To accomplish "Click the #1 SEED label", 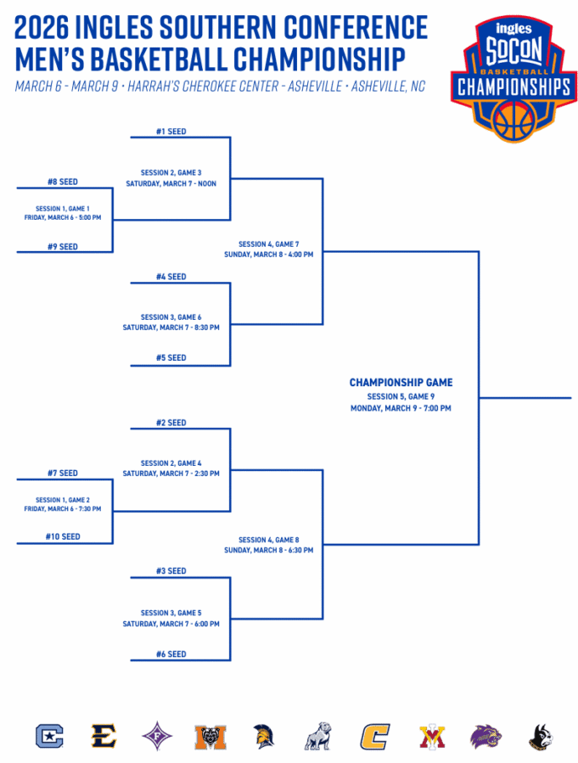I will point(171,132).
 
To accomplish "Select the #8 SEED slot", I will point(62,182).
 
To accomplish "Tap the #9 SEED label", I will point(62,247).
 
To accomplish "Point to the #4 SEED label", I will point(171,277).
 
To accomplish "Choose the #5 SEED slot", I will point(171,358).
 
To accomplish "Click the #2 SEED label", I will point(171,423).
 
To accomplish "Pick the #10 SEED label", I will point(62,537).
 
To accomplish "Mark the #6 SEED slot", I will point(171,654).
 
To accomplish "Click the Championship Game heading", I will point(401,383).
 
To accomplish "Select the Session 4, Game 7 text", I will point(268,244).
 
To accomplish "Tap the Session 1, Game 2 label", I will point(62,500).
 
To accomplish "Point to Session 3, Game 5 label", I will point(171,613).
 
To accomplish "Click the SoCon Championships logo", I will point(513,79).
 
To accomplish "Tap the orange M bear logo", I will point(210,736).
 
